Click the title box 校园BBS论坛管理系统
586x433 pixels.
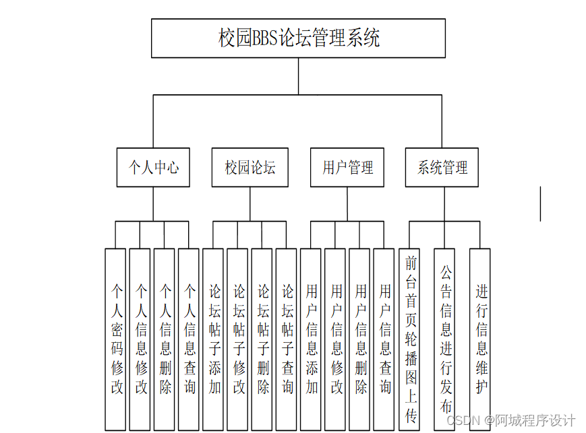point(298,38)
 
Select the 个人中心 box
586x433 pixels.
point(153,167)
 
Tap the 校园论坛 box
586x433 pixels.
point(250,167)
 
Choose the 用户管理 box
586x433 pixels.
point(347,167)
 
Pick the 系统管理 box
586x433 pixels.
point(442,167)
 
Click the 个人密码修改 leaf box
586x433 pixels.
point(116,339)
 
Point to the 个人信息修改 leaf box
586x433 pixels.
point(140,339)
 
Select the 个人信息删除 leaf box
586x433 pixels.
point(165,339)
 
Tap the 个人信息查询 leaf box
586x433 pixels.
point(189,339)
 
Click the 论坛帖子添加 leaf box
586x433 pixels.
point(214,339)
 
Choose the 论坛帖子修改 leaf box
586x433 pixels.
point(238,339)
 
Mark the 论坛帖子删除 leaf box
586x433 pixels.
point(262,339)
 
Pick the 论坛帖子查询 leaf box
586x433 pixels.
point(287,339)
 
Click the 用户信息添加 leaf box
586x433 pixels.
point(311,339)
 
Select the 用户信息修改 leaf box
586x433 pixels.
point(335,339)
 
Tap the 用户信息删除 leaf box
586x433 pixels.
point(360,339)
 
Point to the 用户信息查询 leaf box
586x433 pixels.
point(384,339)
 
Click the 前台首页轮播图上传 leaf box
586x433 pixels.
point(411,339)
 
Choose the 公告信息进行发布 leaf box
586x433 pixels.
point(445,339)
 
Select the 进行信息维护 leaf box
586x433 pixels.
point(481,339)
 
